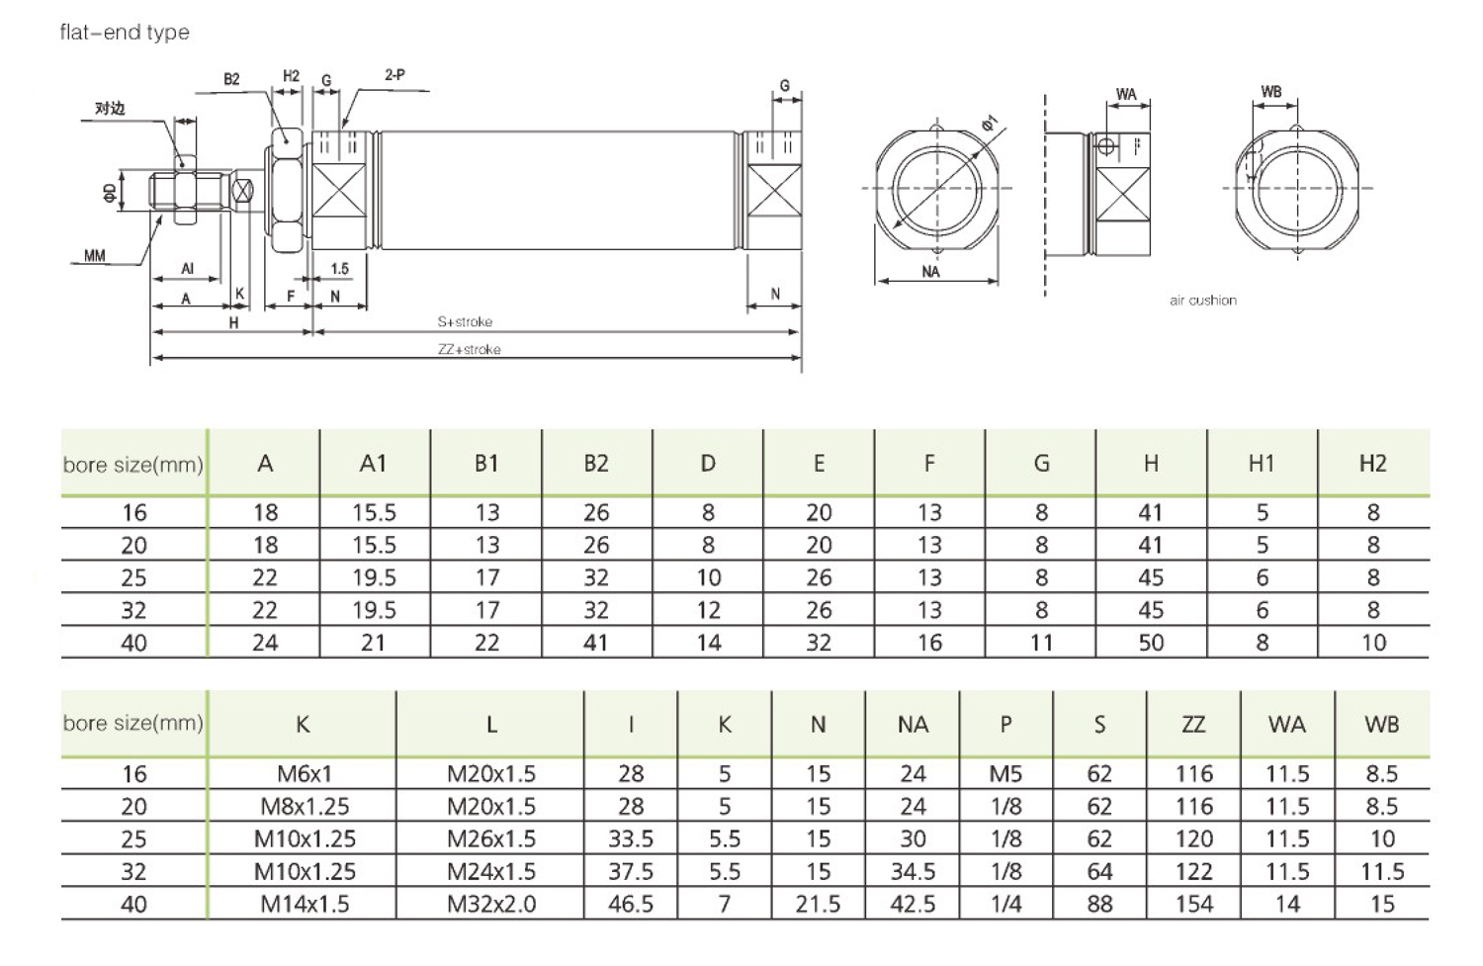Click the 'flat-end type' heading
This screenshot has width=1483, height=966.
(125, 33)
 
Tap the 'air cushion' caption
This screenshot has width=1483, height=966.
(1203, 301)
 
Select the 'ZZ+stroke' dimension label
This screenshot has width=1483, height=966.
(469, 350)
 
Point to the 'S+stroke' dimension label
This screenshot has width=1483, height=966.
(465, 321)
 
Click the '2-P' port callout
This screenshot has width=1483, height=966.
(394, 75)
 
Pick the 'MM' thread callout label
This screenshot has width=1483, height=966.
(95, 255)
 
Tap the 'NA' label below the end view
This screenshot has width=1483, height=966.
(931, 272)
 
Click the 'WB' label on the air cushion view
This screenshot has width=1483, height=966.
(1271, 92)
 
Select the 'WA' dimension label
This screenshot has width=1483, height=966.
(1126, 94)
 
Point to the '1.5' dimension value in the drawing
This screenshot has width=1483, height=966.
(340, 269)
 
